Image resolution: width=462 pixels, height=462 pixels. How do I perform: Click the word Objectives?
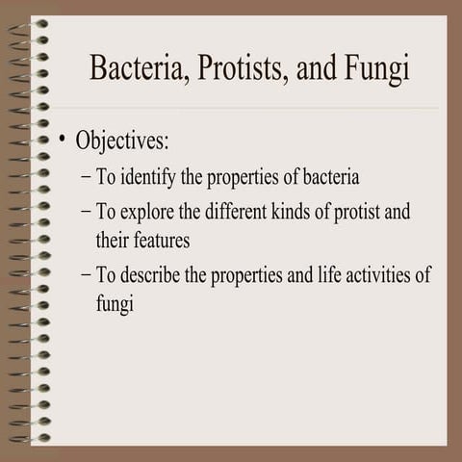pos(122,141)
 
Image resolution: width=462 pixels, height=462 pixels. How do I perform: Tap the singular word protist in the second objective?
pos(355,212)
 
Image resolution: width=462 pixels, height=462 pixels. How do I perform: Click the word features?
pos(162,239)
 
